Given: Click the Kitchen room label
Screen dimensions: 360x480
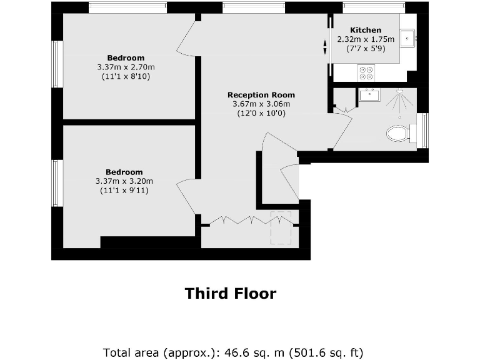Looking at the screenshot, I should point(366,30).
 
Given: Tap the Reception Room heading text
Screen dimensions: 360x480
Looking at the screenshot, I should point(261,95).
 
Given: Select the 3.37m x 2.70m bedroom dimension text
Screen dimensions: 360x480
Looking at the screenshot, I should point(126,67).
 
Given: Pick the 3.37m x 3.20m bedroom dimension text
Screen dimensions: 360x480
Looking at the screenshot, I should point(124,181).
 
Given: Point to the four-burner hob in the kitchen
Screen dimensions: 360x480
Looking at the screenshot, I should point(366,73).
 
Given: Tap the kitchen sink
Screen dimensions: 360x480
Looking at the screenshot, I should point(407,38).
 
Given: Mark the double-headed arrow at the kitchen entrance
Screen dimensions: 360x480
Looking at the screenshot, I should point(325,47).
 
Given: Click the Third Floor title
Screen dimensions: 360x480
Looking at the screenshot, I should point(230,293).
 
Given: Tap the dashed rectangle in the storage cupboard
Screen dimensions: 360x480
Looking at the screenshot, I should point(281,227).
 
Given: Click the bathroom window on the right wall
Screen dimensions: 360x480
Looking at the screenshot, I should point(424,131).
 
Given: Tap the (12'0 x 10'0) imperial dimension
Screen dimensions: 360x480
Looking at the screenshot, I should point(261,113).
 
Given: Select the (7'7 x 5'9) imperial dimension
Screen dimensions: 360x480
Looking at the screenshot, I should point(366,47).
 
